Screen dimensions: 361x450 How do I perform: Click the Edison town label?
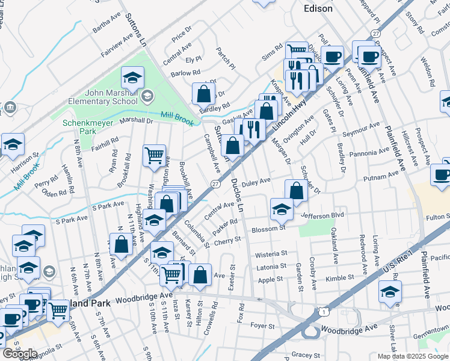coord(318,8)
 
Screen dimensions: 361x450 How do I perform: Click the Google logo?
coord(20,354)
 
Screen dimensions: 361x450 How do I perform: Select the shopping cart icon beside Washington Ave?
coord(155,155)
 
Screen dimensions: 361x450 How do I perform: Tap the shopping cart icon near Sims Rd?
coord(297,52)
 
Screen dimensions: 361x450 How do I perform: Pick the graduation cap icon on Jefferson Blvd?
coord(281,209)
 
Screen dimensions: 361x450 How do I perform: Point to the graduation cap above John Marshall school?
coord(132,77)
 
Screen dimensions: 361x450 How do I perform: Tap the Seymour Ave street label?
coord(361,130)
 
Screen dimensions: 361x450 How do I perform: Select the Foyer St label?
coord(262,326)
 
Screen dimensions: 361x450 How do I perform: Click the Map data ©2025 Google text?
coord(412,356)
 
